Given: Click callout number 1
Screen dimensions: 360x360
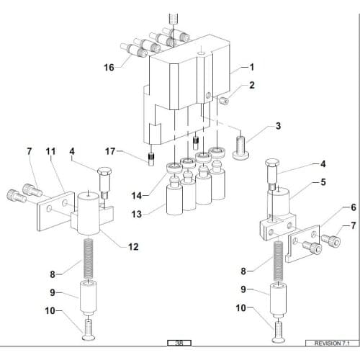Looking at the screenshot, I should [252, 66].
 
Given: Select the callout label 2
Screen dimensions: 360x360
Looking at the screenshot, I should [252, 85].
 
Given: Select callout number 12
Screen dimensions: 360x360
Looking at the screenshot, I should [132, 247].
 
